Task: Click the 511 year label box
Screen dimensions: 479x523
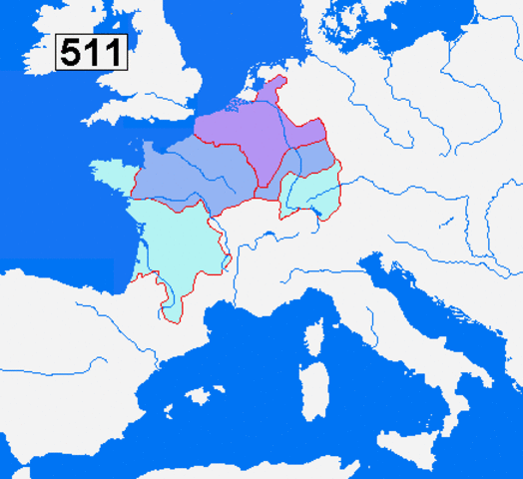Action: click(x=91, y=52)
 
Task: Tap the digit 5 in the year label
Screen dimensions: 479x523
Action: click(x=72, y=52)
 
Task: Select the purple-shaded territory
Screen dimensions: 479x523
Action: click(x=245, y=130)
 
